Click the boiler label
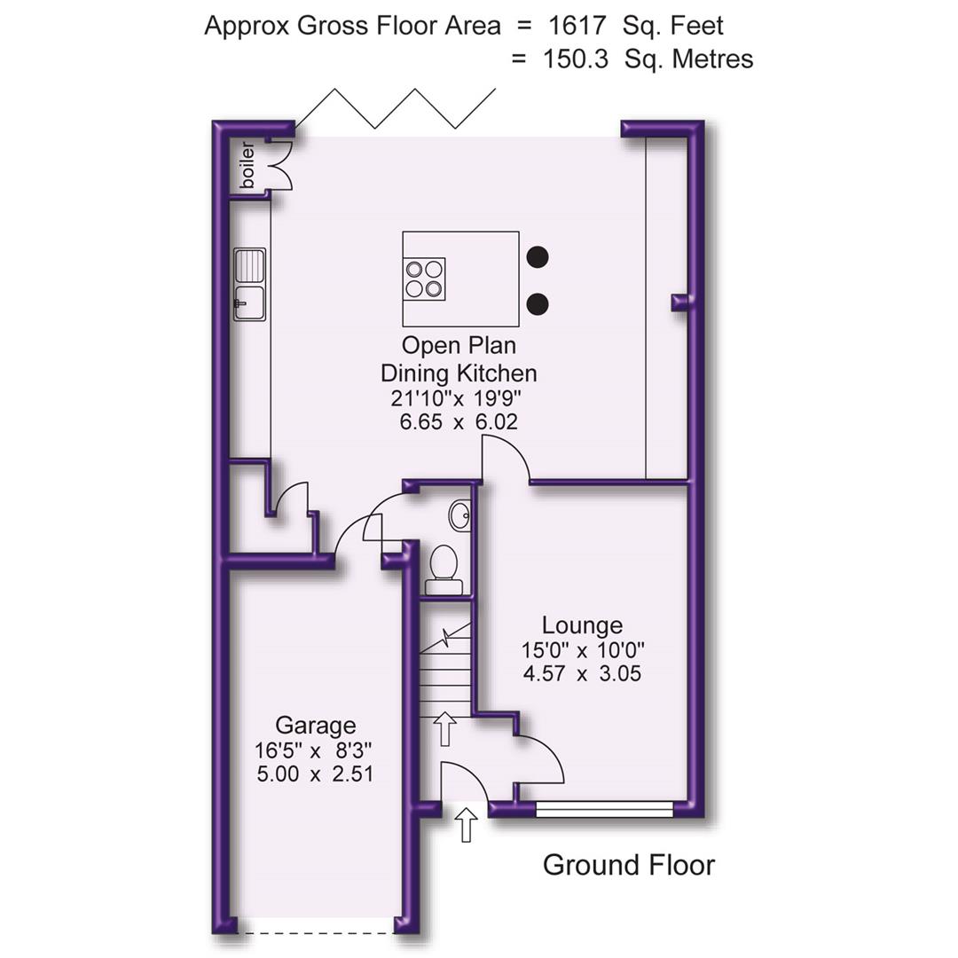(247, 164)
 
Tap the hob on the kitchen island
(425, 278)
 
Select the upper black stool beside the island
(537, 257)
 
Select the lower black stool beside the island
(537, 304)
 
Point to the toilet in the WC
(444, 569)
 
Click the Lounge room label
(582, 626)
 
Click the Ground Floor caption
(628, 865)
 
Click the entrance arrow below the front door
(467, 824)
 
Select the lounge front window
(605, 809)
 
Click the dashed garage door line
(317, 932)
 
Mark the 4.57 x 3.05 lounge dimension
(582, 674)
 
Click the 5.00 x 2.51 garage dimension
(315, 773)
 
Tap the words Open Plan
(459, 344)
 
